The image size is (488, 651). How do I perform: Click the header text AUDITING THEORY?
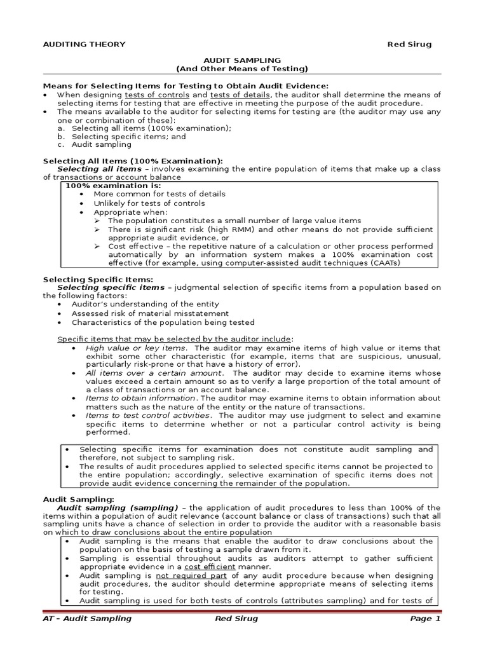coord(84,45)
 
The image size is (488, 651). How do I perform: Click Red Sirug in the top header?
coord(410,45)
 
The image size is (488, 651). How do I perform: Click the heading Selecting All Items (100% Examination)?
coord(133,161)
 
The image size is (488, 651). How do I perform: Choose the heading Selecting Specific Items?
coord(98,279)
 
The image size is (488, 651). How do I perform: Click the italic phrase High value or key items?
coord(136,348)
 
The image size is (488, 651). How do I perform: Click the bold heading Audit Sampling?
coord(78,500)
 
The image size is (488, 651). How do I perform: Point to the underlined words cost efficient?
coord(219,566)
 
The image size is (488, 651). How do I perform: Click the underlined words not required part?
coord(187,575)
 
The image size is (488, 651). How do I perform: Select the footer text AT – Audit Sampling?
coord(87,619)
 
